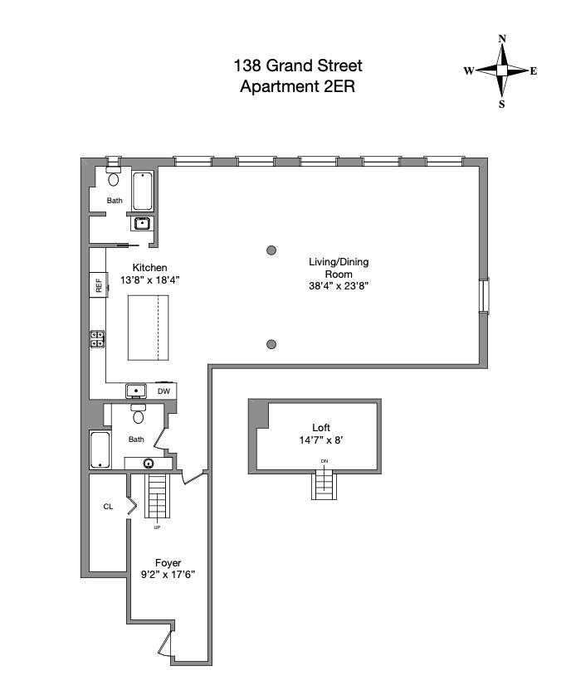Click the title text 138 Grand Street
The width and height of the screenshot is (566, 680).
click(297, 66)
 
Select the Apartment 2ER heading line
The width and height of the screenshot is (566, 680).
click(297, 86)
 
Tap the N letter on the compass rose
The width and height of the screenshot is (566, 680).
click(501, 39)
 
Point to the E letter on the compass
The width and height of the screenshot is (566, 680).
click(534, 71)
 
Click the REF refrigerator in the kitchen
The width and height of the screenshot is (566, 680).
click(99, 285)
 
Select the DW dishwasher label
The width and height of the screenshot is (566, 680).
click(163, 391)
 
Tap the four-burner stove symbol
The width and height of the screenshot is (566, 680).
click(97, 338)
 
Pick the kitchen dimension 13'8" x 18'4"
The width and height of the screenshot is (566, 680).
click(150, 280)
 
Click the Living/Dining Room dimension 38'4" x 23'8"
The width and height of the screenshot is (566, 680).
click(339, 286)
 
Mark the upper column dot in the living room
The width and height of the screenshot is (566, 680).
click(271, 250)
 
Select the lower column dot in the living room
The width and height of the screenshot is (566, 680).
click(271, 344)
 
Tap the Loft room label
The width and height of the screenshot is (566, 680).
click(321, 428)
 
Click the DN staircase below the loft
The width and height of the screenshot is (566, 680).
click(324, 483)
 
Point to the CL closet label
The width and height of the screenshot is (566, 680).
click(108, 507)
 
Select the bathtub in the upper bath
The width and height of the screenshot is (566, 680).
click(144, 191)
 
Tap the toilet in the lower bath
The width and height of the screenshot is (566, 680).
click(139, 415)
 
